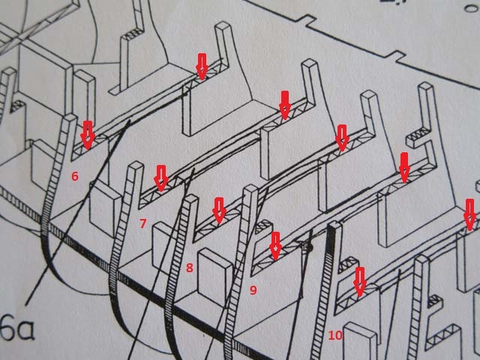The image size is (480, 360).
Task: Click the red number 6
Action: [x=75, y=176]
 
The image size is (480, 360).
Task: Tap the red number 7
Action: [x=142, y=223]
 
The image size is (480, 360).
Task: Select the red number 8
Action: [x=190, y=268]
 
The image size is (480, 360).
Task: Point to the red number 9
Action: [x=253, y=290]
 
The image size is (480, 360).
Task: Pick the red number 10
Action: [x=335, y=335]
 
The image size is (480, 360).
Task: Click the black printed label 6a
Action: [x=16, y=330]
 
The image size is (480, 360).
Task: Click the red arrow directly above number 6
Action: [x=88, y=135]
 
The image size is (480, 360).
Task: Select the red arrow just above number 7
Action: [x=161, y=178]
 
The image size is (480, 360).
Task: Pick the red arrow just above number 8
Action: [x=219, y=210]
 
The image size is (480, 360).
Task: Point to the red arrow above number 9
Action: [x=275, y=246]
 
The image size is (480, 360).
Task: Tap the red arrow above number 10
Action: [x=360, y=282]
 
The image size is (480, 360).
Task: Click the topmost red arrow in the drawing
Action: [x=202, y=67]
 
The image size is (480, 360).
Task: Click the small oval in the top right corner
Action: [x=472, y=8]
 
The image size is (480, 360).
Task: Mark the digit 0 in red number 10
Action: [x=338, y=335]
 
